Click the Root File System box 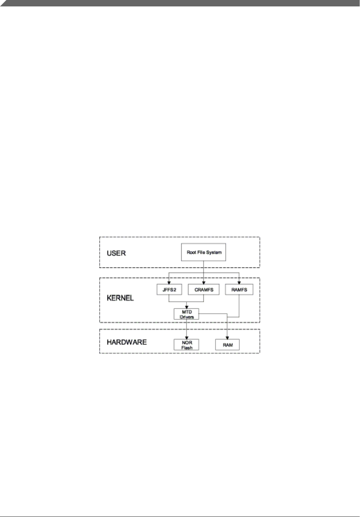point(204,252)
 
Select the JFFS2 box point(169,289)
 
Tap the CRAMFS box point(204,289)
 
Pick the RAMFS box point(239,289)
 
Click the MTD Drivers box point(186,314)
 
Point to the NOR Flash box point(186,345)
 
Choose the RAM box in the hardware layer point(228,345)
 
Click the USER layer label point(116,253)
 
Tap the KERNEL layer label point(120,298)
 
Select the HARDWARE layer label point(127,342)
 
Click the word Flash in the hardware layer point(187,348)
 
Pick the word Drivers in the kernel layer point(186,316)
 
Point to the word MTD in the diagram point(187,312)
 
